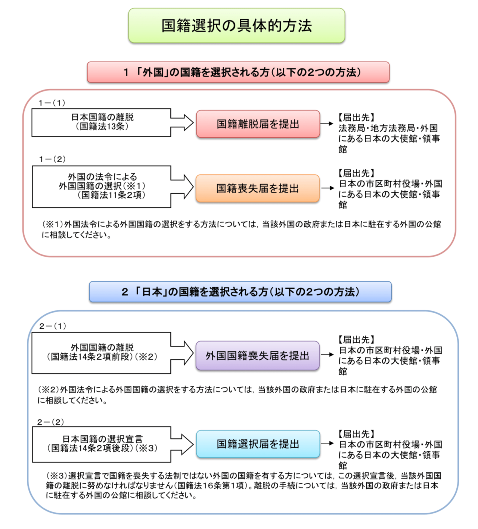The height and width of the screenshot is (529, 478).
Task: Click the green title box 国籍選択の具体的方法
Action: [236, 26]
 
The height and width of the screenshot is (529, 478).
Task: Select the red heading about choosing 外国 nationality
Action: [238, 72]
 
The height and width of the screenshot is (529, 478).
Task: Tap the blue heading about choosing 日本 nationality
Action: [240, 292]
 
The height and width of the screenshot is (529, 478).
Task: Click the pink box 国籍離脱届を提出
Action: [258, 124]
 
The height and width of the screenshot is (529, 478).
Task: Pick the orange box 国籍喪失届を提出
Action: [258, 188]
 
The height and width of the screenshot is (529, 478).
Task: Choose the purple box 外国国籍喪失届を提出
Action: [258, 356]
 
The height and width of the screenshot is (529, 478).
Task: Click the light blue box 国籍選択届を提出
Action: [258, 444]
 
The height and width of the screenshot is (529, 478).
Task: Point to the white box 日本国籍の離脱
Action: [102, 122]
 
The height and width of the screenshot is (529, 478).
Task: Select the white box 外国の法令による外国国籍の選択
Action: [102, 186]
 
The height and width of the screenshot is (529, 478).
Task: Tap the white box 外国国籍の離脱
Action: [102, 353]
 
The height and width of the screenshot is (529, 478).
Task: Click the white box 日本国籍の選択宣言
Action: [102, 444]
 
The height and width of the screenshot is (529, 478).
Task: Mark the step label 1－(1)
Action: [52, 103]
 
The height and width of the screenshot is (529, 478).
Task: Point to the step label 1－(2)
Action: [52, 159]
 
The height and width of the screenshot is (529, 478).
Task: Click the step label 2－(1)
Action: [53, 326]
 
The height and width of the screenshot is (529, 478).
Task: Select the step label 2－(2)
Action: [51, 422]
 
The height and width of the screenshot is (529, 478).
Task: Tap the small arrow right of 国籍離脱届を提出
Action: [327, 123]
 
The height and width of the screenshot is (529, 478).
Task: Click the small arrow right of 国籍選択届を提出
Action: [327, 443]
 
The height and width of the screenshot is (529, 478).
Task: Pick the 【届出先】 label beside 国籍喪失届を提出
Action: [356, 173]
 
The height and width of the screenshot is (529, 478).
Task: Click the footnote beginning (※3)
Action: [243, 486]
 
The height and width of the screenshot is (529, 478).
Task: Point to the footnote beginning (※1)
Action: [241, 229]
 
